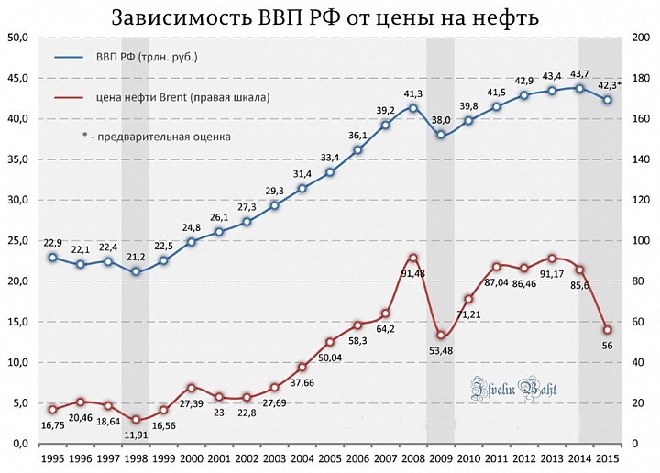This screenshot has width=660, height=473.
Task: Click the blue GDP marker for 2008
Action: [x=413, y=108]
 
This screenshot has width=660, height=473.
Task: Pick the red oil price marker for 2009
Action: [x=441, y=335]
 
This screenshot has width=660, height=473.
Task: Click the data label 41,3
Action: [x=413, y=93]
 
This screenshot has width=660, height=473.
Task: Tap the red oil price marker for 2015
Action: [x=607, y=330]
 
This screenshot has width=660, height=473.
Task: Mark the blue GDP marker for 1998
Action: [x=136, y=271]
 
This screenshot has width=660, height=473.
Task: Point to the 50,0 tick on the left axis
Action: [x=17, y=38]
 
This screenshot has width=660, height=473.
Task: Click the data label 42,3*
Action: [x=607, y=84]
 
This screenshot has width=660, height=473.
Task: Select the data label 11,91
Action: [x=136, y=436]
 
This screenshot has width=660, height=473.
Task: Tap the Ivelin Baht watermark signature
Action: [x=514, y=388]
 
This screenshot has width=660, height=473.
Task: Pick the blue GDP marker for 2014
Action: [x=579, y=88]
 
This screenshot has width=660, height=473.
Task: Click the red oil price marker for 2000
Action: [x=191, y=388]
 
